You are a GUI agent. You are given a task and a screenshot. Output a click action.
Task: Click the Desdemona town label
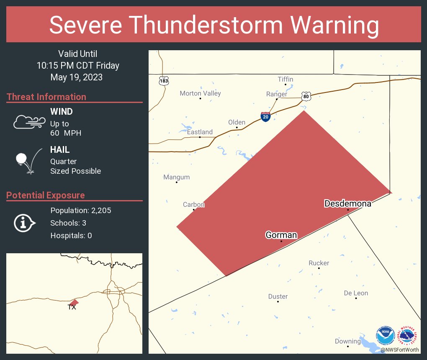coord(347,204)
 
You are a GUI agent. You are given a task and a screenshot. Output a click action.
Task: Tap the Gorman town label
coord(281,235)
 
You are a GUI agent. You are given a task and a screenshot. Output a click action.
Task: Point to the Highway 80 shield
coord(306,97)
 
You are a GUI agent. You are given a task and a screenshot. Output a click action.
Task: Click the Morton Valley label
coord(200,93)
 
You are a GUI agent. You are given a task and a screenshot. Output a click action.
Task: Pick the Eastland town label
coord(200,132)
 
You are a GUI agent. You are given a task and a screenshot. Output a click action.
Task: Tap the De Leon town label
coord(356,293)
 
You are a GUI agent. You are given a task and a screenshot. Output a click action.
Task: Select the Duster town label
coord(278,296)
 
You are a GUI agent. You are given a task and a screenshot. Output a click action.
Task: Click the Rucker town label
coord(319,263)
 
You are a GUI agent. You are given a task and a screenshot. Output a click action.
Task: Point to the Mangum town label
coord(176,177)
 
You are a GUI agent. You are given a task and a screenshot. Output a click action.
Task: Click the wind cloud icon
coord(29,122)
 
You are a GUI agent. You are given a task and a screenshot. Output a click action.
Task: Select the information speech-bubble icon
coord(25,223)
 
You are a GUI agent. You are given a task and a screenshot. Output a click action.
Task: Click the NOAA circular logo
coord(385,335)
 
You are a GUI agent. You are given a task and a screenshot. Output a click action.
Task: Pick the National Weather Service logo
coord(409,335)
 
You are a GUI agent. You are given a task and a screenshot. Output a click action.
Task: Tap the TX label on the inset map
coord(72,307)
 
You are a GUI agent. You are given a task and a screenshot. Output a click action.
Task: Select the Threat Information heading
coord(46,97)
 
